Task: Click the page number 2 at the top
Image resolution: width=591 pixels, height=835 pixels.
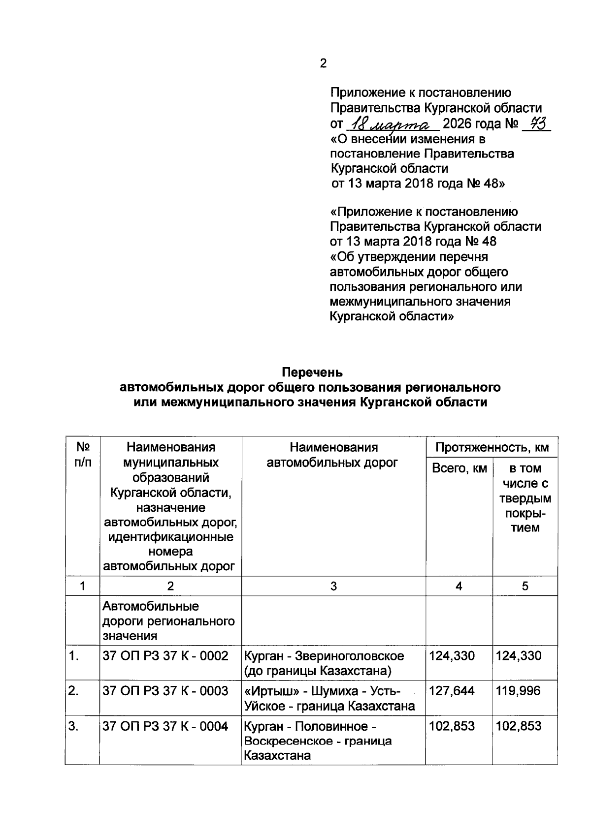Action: pos(323,63)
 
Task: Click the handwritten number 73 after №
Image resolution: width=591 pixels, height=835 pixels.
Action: pos(535,123)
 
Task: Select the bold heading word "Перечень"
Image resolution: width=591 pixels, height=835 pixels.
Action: pos(312,372)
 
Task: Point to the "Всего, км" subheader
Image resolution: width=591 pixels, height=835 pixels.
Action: pos(459,468)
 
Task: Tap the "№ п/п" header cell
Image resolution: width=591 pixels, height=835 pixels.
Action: pos(82,455)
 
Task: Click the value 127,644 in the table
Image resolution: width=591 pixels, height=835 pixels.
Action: pos(452,691)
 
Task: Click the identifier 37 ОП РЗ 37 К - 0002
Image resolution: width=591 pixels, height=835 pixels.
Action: pos(165,655)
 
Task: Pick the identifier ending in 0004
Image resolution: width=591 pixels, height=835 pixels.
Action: pos(165,726)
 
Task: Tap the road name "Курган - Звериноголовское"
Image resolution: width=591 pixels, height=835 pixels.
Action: pos(324,655)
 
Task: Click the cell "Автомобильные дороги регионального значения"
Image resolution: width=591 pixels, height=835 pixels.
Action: pos(168,620)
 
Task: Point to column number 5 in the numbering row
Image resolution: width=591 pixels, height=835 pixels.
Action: pos(525,586)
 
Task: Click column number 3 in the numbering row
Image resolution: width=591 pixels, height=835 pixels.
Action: pos(333,586)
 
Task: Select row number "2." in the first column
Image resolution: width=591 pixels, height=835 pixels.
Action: pos(73,691)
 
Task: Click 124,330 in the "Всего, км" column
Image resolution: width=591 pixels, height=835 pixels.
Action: pos(452,655)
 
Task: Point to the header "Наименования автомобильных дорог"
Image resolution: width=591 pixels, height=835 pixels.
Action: pos(333,455)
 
